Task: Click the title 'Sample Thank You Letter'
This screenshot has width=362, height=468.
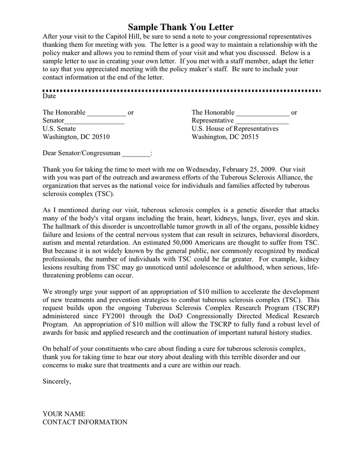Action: coord(180,27)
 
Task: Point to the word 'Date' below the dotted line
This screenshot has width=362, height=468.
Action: coord(49,96)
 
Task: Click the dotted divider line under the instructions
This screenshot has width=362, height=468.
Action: coord(181,90)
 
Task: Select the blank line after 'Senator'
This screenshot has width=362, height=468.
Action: coord(95,121)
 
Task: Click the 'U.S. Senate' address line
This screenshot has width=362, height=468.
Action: coord(59,129)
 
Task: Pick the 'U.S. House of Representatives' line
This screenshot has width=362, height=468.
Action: coord(235,129)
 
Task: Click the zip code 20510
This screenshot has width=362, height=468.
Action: coord(99,137)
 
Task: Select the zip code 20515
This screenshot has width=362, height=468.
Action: coord(248,137)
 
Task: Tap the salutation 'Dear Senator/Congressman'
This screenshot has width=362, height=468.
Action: coord(81,153)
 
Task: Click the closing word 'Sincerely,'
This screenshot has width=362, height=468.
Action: coord(57,381)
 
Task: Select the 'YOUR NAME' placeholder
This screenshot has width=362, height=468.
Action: coord(63,414)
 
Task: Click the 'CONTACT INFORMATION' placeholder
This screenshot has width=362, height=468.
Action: coord(85,422)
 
